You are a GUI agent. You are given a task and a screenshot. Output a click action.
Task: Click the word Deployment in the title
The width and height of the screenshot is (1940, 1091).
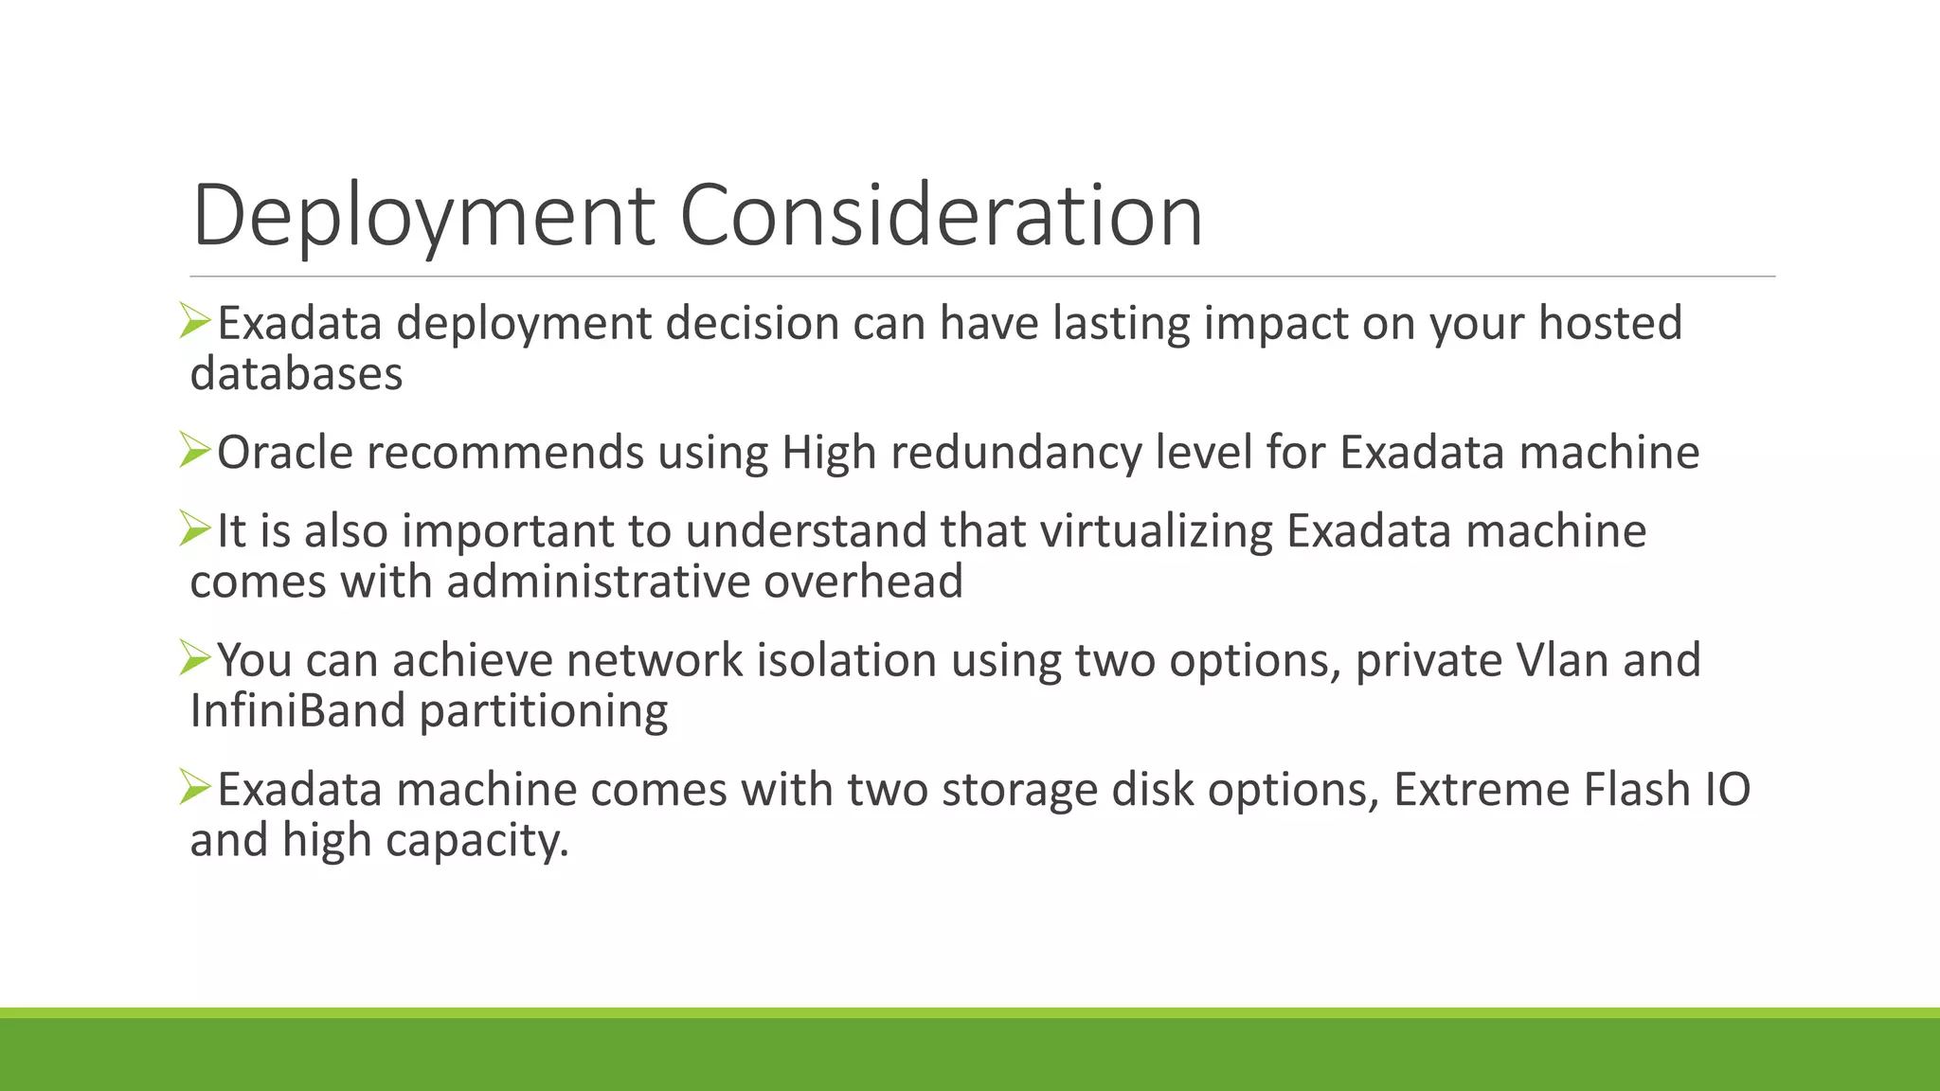pyautogui.click(x=423, y=217)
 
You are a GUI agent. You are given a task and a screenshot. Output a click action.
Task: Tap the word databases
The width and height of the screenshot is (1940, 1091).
pyautogui.click(x=296, y=374)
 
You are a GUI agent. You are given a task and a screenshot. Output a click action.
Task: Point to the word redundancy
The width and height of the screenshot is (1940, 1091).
pyautogui.click(x=1015, y=453)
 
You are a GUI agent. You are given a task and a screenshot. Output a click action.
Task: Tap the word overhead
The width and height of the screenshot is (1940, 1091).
pyautogui.click(x=863, y=581)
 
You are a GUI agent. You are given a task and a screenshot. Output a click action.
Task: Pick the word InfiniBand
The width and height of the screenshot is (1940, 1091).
pyautogui.click(x=297, y=711)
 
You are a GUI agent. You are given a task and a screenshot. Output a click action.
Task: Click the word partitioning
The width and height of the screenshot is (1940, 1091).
pyautogui.click(x=544, y=711)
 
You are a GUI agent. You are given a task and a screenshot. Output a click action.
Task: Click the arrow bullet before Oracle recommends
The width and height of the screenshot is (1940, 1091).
pyautogui.click(x=194, y=451)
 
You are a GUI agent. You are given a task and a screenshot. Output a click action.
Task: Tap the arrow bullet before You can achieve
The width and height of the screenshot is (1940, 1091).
pyautogui.click(x=194, y=658)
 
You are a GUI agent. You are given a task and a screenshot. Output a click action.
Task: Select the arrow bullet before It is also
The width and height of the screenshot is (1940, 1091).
pyautogui.click(x=194, y=529)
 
